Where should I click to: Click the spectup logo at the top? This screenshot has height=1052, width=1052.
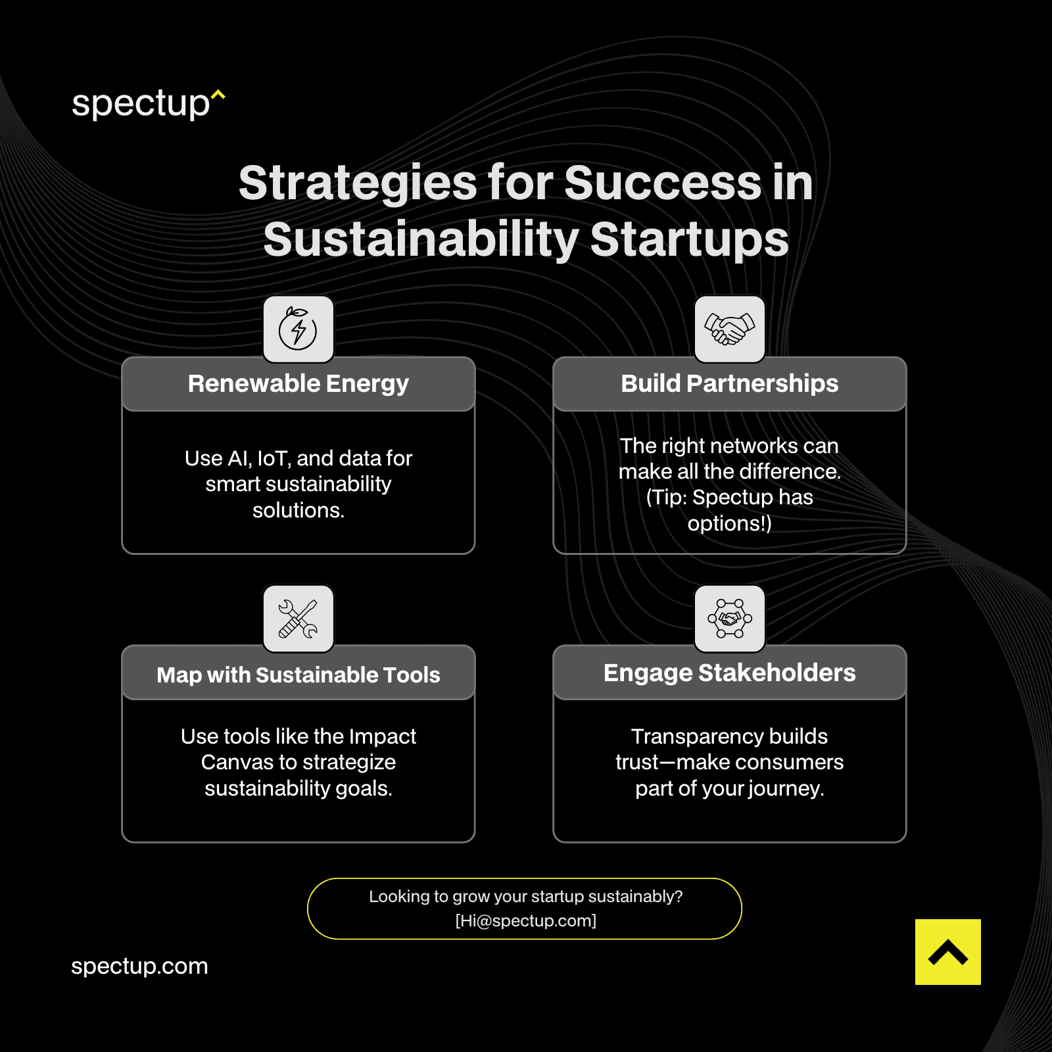tap(141, 104)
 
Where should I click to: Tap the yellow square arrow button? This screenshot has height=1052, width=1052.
tap(947, 951)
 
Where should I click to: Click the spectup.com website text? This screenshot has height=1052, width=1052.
tap(139, 966)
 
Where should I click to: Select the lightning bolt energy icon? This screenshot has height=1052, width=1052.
tap(298, 329)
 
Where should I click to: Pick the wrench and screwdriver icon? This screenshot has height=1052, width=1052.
tap(298, 619)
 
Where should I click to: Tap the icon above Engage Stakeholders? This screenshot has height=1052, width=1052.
tap(729, 619)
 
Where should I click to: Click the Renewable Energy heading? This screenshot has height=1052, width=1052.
tap(298, 383)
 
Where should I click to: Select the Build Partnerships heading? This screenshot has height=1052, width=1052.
tap(729, 383)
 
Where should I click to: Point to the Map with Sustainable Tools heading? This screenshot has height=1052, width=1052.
tap(298, 675)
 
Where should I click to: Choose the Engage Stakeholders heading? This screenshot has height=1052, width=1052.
tap(729, 673)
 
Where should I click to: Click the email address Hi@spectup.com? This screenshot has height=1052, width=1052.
tap(526, 920)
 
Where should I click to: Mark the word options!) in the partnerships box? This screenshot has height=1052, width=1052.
tap(729, 523)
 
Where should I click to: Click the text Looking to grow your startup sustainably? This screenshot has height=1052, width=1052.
tap(526, 896)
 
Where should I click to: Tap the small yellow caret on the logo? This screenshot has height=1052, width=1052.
tap(219, 95)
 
